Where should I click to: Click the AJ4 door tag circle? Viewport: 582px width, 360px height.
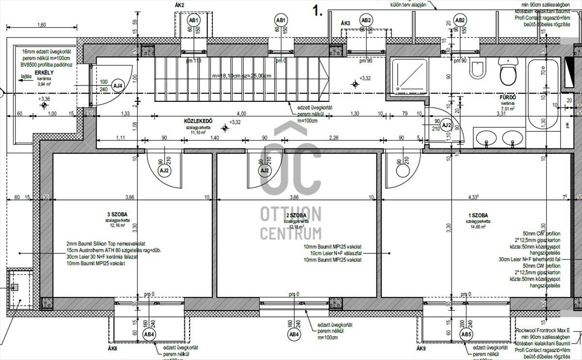(x=118, y=85)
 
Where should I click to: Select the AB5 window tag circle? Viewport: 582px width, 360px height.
(x=466, y=335)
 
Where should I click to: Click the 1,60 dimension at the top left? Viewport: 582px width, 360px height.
(x=41, y=25)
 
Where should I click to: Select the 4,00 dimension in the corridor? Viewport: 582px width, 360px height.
(x=242, y=114)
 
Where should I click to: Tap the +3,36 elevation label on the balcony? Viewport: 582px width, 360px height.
(x=44, y=98)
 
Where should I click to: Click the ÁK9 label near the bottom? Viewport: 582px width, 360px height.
(x=421, y=348)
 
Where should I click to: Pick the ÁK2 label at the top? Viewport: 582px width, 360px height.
(x=179, y=5)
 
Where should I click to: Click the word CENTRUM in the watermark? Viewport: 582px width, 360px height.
(x=291, y=233)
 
